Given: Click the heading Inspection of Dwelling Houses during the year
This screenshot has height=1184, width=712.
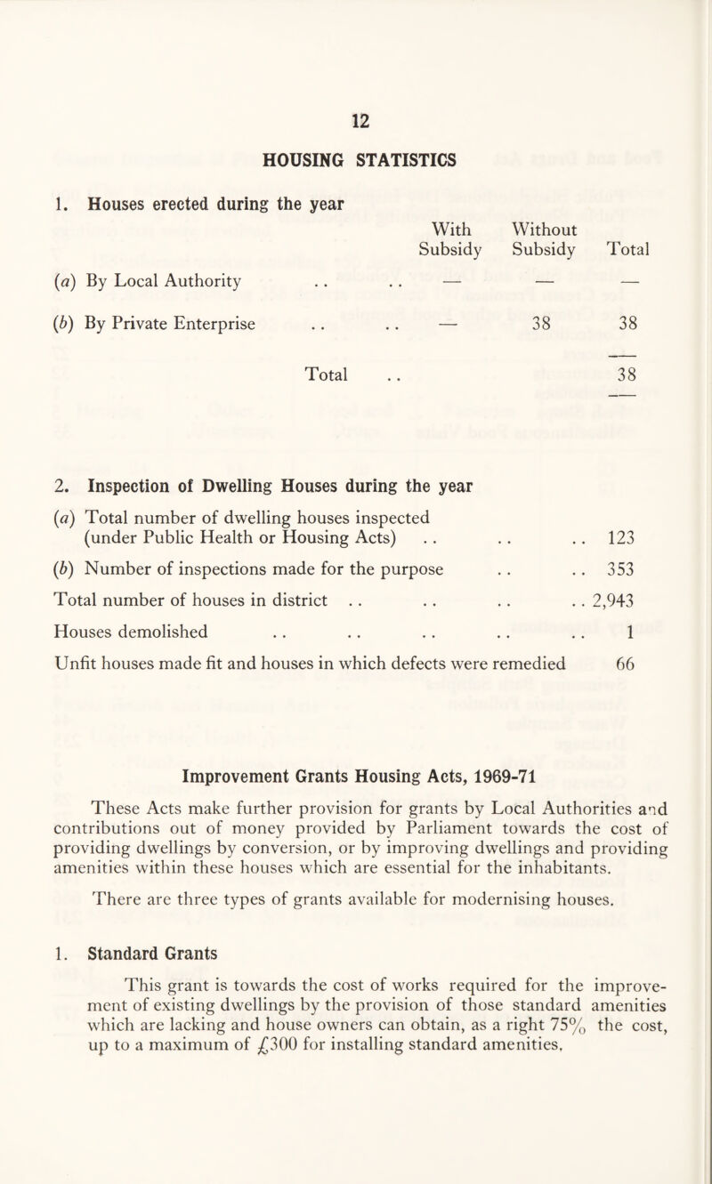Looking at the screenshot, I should pyautogui.click(x=272, y=486).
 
